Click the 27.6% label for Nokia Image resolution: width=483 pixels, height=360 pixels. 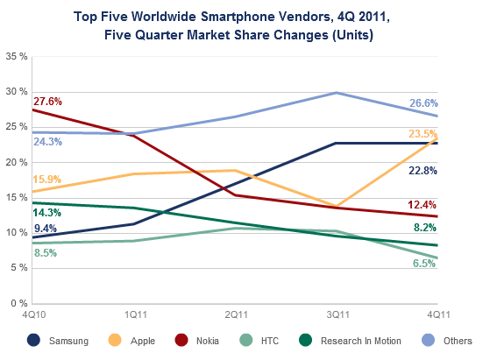(48, 102)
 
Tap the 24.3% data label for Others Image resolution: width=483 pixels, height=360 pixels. (48, 142)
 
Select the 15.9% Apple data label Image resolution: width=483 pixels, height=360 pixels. (48, 180)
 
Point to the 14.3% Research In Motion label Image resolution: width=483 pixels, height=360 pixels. (48, 213)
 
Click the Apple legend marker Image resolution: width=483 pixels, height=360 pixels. (116, 340)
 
